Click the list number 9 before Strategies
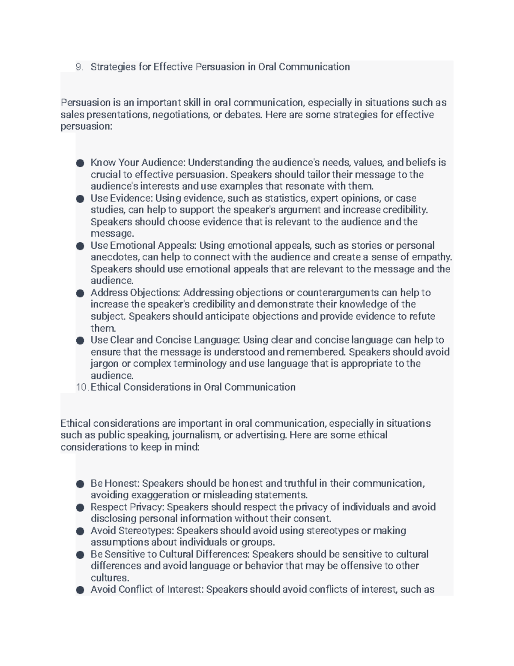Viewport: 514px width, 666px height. click(78, 67)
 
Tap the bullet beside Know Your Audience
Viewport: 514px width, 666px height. click(80, 163)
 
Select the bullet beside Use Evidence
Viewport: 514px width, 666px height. click(80, 199)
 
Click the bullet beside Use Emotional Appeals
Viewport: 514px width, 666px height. click(80, 246)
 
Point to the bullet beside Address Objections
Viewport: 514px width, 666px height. click(80, 293)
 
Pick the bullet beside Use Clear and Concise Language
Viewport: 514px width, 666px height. click(80, 340)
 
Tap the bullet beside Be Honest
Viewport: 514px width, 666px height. click(80, 484)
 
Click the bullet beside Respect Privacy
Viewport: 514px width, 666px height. click(80, 507)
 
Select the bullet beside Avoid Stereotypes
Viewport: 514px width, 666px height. click(80, 531)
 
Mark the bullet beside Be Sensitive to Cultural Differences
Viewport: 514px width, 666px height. click(80, 554)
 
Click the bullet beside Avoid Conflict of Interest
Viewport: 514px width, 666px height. click(80, 590)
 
